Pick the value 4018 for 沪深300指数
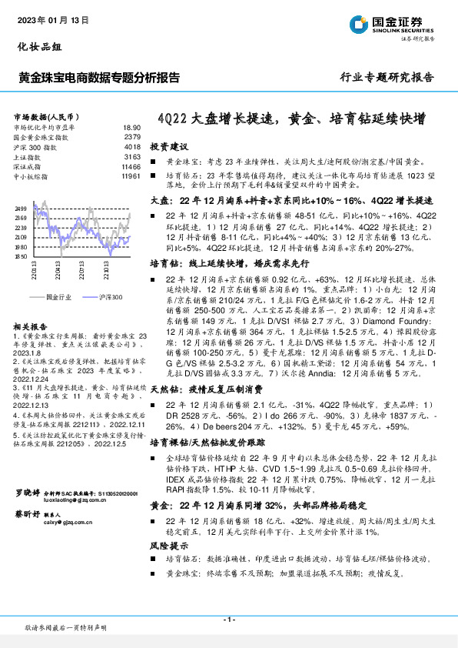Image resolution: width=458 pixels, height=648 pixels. coord(132,146)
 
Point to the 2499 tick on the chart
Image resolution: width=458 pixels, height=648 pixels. coord(22,209)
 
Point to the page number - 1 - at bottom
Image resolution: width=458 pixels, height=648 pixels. coord(229,620)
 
